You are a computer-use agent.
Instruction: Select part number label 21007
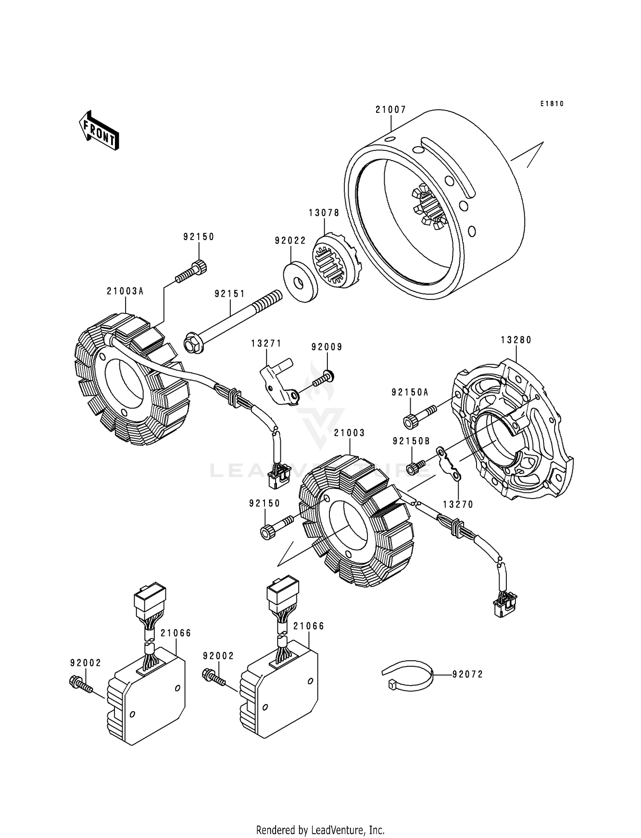point(391,110)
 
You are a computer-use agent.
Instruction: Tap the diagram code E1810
point(552,104)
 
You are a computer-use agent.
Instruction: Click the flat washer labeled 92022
point(301,283)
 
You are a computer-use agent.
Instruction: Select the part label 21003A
point(125,291)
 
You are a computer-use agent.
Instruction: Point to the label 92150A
point(410,392)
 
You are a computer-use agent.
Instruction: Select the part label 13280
point(516,340)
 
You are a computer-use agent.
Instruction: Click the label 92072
point(468,674)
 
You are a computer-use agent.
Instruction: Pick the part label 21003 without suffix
point(349,433)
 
